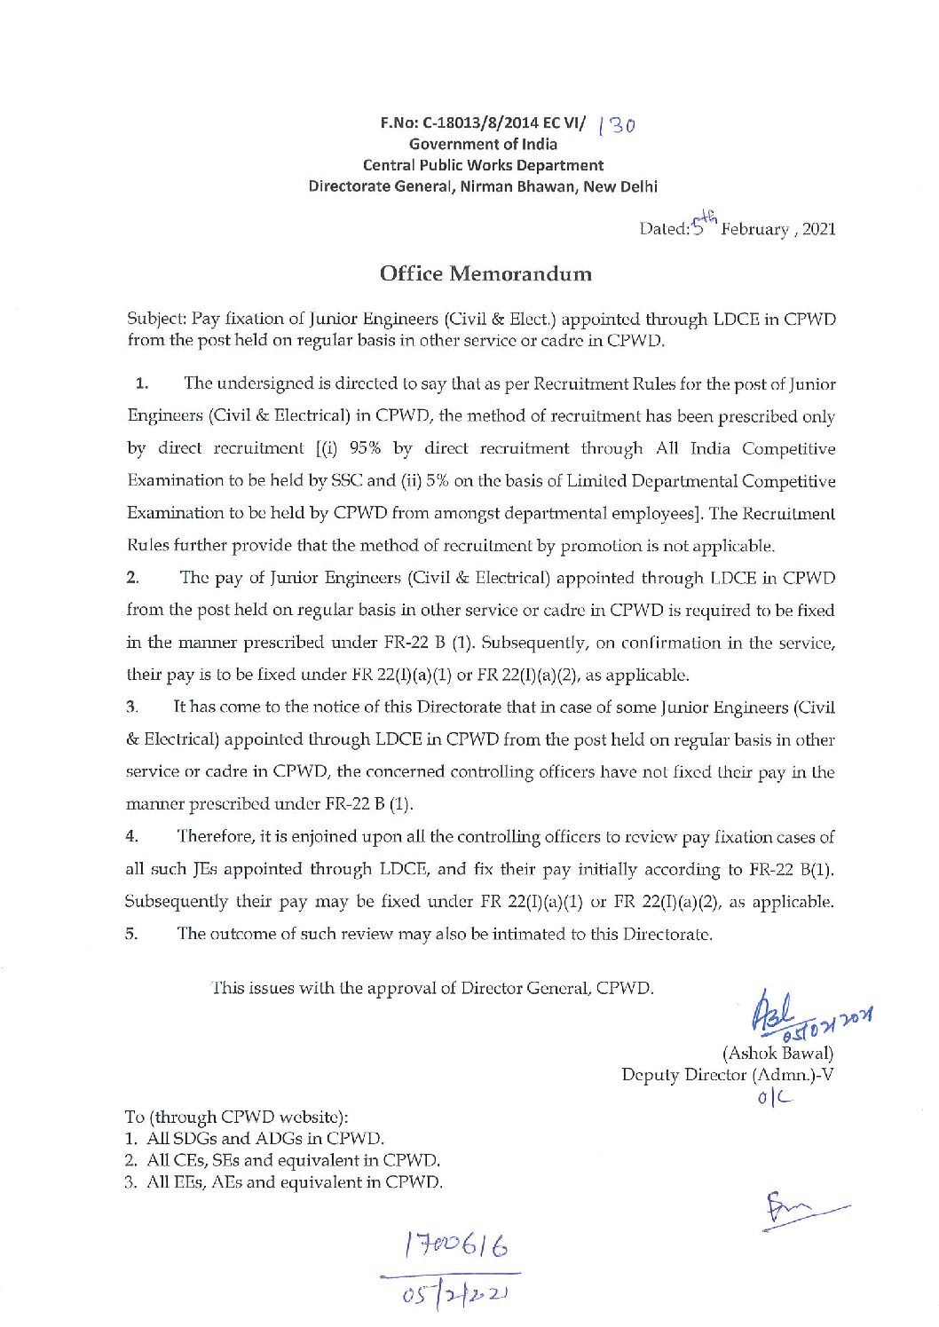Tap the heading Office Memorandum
point(485,273)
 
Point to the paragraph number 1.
point(141,384)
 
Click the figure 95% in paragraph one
point(367,449)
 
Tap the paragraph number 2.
point(132,579)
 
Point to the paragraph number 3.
point(131,707)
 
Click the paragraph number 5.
point(131,934)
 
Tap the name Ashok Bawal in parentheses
point(778,1054)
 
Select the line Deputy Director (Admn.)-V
point(727,1075)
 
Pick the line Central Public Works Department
point(483,165)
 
